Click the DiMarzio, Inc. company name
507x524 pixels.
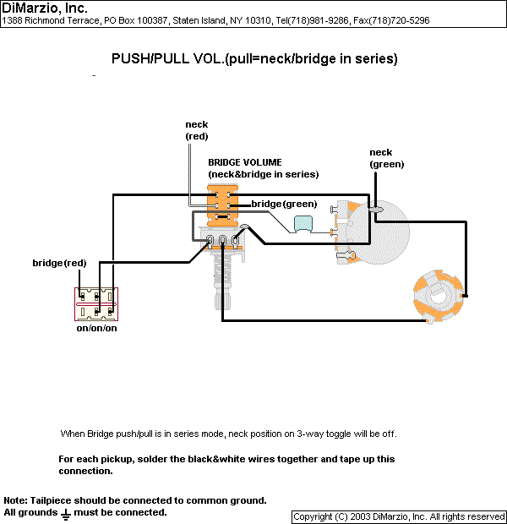45,8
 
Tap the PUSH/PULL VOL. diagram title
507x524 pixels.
254,59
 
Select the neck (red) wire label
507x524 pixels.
197,130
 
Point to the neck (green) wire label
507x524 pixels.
387,158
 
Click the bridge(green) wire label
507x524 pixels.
284,204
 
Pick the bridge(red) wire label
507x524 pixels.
59,263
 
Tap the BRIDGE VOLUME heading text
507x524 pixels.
245,162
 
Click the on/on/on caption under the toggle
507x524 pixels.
96,328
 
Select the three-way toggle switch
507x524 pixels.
96,304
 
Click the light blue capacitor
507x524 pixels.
303,223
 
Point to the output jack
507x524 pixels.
439,296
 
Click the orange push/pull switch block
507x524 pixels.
222,205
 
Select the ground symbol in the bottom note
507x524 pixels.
66,515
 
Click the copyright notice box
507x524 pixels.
399,517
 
